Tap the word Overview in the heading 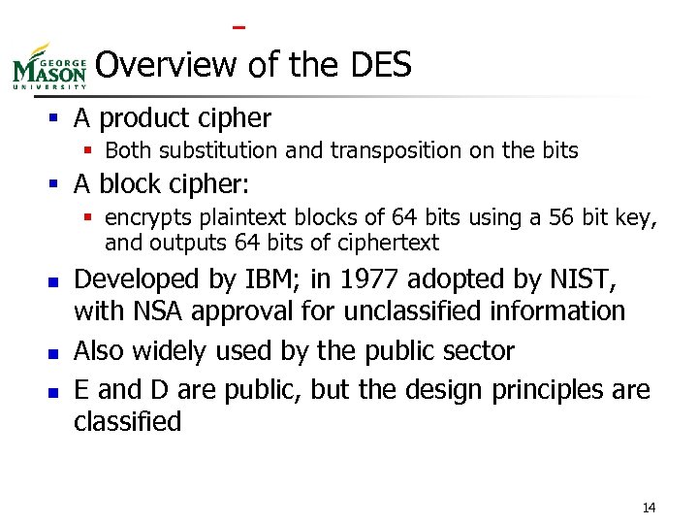click(x=166, y=65)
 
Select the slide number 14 click(x=649, y=508)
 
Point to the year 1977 click(x=367, y=279)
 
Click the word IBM click(x=265, y=279)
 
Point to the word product click(x=140, y=118)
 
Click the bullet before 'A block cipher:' click(x=59, y=184)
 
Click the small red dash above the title click(x=238, y=26)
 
